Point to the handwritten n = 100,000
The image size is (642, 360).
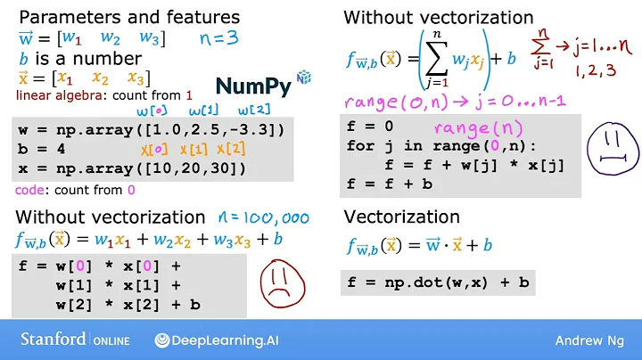point(264,217)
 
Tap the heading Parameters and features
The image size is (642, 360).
point(129,17)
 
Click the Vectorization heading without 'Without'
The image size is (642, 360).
point(401,217)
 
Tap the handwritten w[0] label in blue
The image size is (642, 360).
point(152,110)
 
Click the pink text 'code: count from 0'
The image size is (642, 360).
point(75,190)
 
